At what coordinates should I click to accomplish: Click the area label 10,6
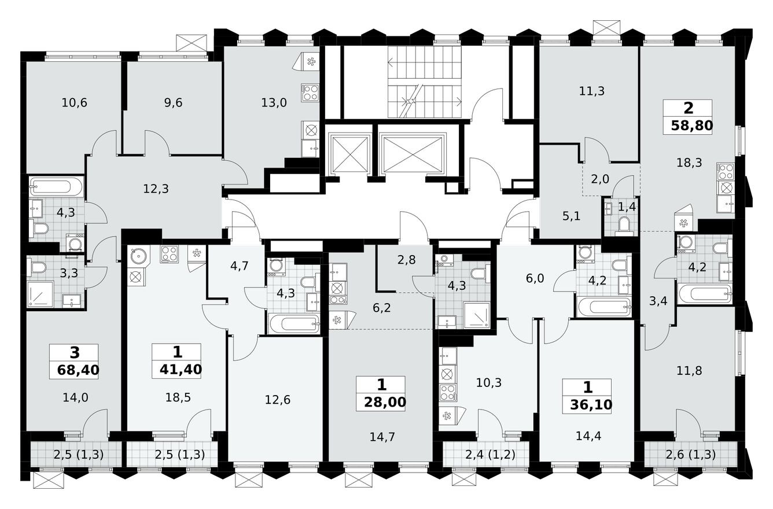74,104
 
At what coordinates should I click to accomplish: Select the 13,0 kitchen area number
274,104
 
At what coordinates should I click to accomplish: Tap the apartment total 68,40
73,368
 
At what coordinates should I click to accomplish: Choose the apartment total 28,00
381,401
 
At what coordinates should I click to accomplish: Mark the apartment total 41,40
176,368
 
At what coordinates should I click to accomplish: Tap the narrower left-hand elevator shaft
349,154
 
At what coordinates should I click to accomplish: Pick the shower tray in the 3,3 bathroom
41,294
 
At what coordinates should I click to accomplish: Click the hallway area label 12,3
156,189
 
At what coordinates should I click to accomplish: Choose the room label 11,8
689,371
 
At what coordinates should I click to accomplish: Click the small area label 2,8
406,260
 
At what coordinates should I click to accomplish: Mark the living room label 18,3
689,163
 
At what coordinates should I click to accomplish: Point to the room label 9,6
173,104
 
